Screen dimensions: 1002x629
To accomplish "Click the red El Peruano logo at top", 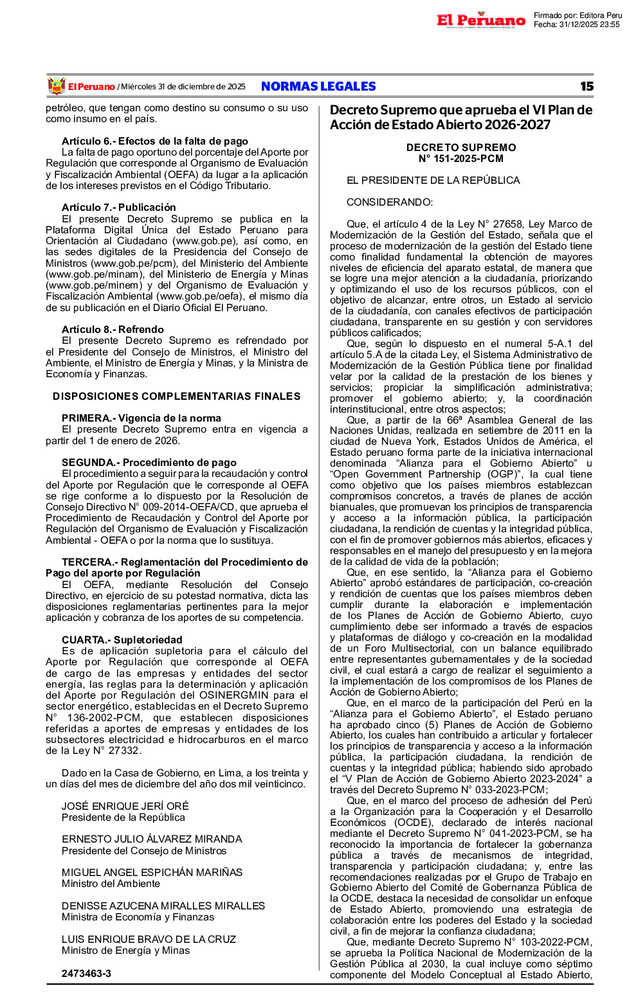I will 480,20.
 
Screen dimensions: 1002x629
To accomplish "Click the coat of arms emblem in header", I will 57,86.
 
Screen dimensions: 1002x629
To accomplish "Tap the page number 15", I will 586,86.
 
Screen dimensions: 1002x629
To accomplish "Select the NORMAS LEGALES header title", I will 318,86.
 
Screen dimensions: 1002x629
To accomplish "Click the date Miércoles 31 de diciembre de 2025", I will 183,87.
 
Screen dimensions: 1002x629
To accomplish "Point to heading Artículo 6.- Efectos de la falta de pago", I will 155,141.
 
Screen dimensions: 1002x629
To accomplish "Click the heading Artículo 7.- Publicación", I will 119,207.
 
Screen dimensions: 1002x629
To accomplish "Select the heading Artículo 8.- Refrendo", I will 113,329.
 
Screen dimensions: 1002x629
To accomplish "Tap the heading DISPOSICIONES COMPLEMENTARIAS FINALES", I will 177,396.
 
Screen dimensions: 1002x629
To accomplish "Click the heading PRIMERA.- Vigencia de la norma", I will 141,418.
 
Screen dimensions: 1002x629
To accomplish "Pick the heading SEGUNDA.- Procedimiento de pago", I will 149,462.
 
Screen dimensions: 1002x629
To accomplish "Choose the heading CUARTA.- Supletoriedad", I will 122,640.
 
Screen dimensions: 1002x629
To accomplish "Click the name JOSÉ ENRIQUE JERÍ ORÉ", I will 125,806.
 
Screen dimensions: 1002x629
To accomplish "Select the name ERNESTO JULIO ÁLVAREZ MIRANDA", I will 152,839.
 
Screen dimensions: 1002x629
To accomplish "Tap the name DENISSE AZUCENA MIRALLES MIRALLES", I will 163,906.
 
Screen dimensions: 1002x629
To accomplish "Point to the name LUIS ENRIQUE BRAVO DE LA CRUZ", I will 149,939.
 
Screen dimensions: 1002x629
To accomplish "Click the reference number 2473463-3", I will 86,973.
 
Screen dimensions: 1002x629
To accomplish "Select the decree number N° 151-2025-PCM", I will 461,159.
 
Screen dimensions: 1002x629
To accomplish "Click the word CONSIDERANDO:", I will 390,202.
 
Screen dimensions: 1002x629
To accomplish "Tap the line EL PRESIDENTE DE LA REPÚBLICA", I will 433,181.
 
